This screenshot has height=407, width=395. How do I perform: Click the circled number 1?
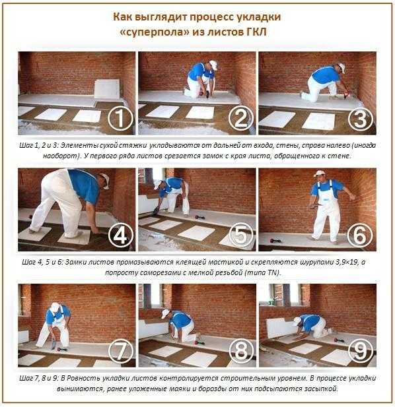(x=120, y=118)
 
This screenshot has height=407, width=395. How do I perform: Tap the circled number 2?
(x=241, y=118)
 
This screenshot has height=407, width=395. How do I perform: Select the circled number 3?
(x=361, y=118)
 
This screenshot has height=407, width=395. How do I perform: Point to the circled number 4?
(x=120, y=235)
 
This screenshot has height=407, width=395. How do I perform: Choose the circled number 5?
(x=241, y=235)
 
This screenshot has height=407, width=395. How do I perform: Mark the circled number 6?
(x=361, y=235)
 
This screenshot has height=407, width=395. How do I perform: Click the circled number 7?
(x=121, y=351)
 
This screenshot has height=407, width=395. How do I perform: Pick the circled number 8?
(x=241, y=351)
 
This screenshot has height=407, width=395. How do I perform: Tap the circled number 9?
(x=361, y=351)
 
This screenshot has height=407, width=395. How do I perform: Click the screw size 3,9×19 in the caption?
(x=346, y=262)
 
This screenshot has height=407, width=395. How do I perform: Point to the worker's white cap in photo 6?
(x=318, y=173)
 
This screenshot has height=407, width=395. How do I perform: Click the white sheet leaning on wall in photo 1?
(x=107, y=89)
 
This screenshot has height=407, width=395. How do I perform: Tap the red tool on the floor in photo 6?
(x=275, y=240)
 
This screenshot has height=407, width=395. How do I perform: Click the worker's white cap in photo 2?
(x=213, y=65)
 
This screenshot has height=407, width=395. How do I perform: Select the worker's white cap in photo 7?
(x=55, y=307)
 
